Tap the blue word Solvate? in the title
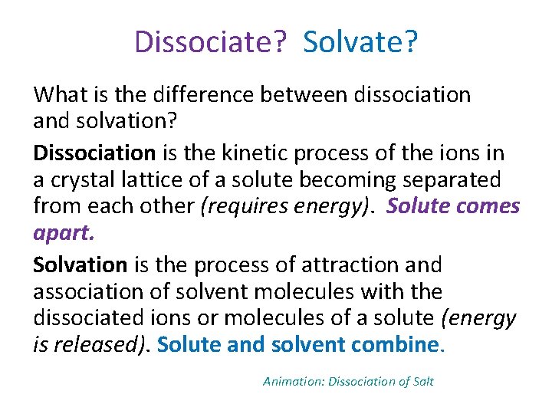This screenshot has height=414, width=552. tap(360, 42)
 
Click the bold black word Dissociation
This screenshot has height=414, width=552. tap(96, 153)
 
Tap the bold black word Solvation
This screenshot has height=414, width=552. tap(80, 265)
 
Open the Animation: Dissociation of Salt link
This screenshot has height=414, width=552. tap(348, 381)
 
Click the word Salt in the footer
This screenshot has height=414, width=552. tap(423, 381)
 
